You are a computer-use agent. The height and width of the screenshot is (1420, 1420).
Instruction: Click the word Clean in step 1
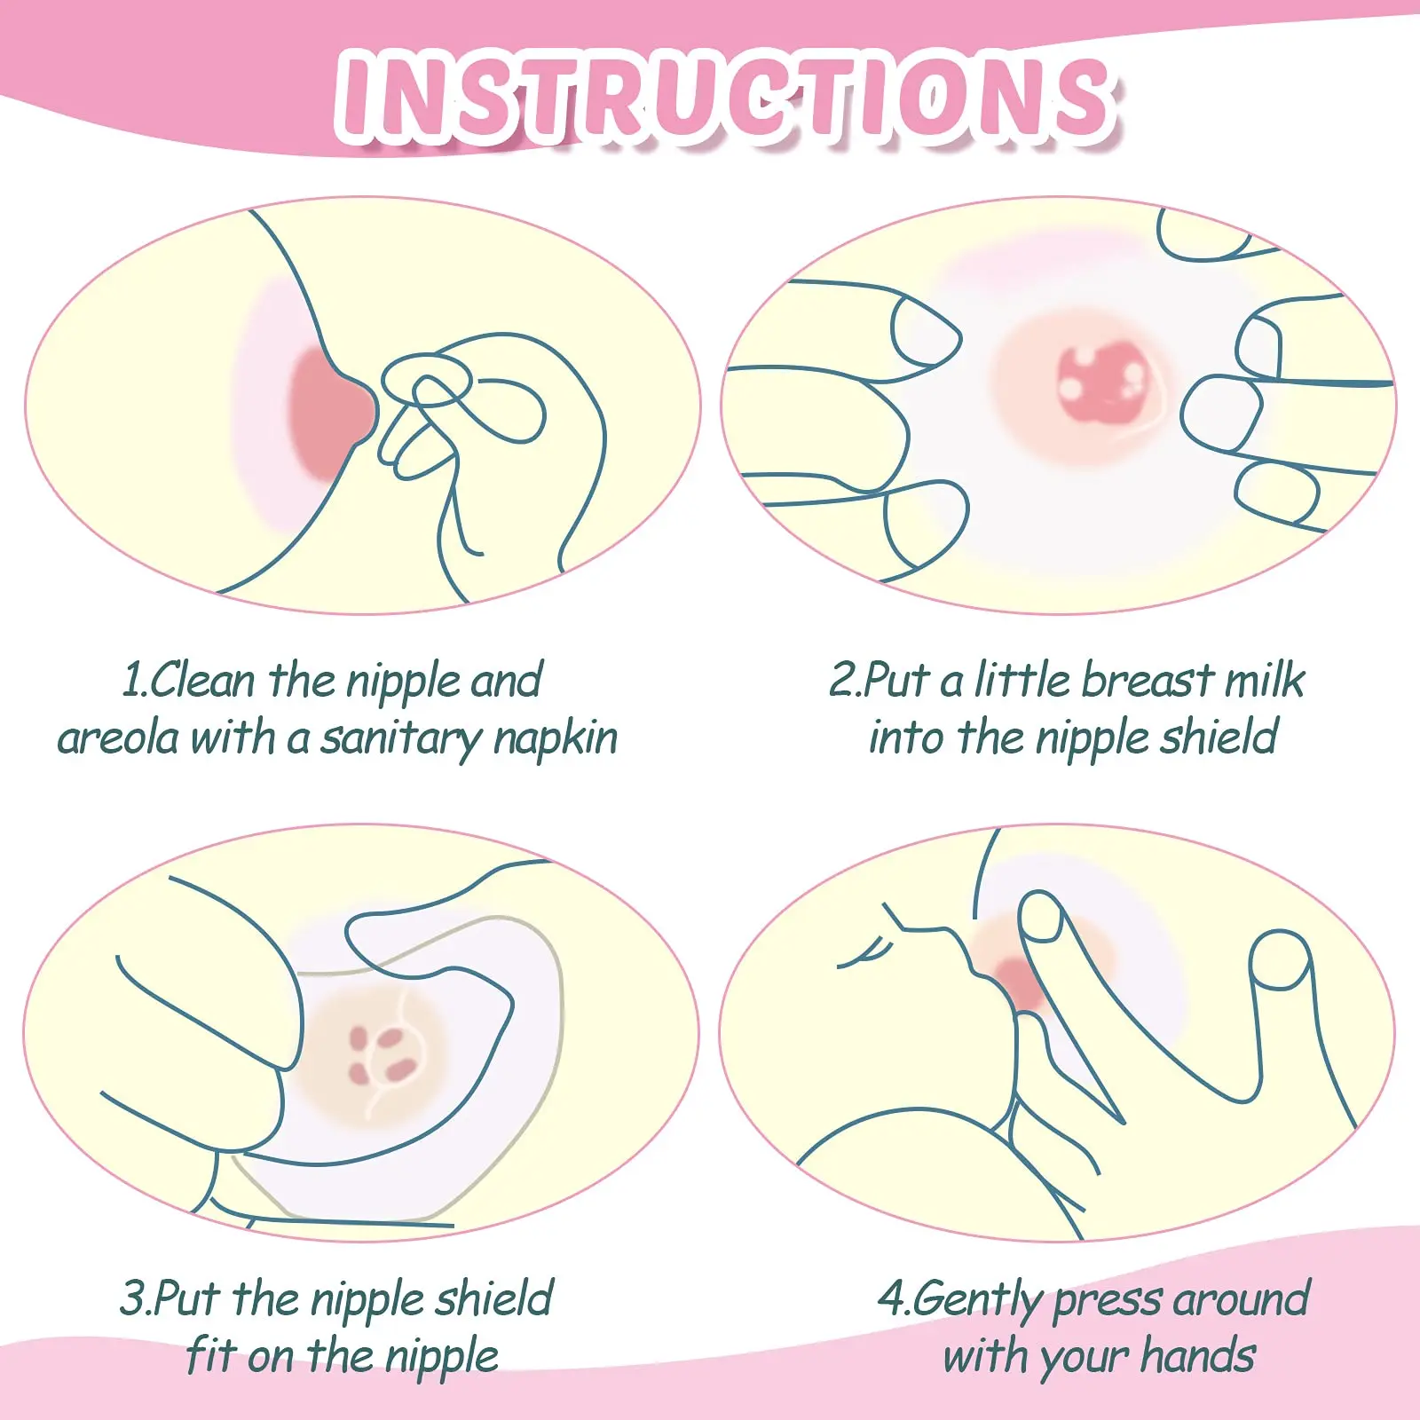pyautogui.click(x=204, y=682)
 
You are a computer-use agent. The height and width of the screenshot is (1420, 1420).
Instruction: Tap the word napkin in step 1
pyautogui.click(x=556, y=738)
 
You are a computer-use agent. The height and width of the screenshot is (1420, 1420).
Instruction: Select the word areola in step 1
pyautogui.click(x=118, y=738)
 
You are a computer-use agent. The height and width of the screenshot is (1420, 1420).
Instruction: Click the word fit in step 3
pyautogui.click(x=210, y=1356)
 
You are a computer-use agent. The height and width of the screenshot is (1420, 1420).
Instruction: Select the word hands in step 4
pyautogui.click(x=1198, y=1356)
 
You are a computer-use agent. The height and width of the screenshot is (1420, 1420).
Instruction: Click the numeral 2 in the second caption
pyautogui.click(x=841, y=682)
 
